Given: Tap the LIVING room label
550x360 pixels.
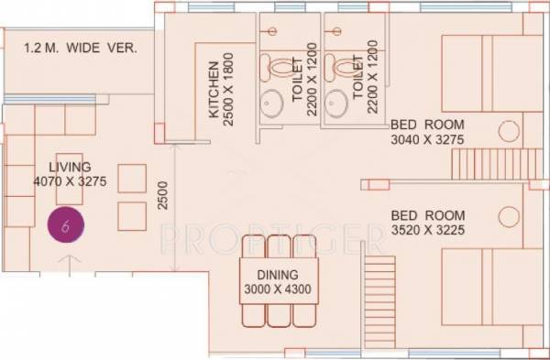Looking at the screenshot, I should coord(70,167).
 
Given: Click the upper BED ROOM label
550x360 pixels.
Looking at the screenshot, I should coord(428,125).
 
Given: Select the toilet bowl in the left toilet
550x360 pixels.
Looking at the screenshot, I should coord(280,66).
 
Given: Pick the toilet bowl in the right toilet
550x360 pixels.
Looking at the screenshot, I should coord(345,66).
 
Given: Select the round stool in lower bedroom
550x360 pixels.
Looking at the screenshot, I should coord(509,217).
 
